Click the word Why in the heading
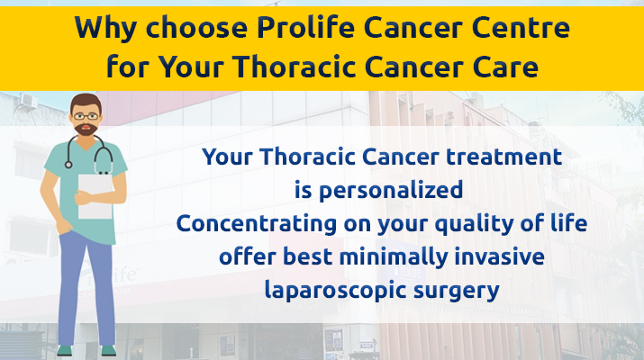click(x=105, y=29)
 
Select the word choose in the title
click(x=197, y=28)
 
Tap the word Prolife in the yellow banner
click(x=306, y=27)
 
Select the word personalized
click(x=391, y=191)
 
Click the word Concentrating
click(x=257, y=224)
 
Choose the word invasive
click(x=500, y=257)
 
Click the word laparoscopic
click(x=336, y=291)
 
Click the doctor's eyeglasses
click(x=86, y=117)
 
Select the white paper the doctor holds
click(x=95, y=196)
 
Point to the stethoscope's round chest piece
click(x=68, y=165)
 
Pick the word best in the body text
click(x=308, y=257)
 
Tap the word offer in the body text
click(x=248, y=257)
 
